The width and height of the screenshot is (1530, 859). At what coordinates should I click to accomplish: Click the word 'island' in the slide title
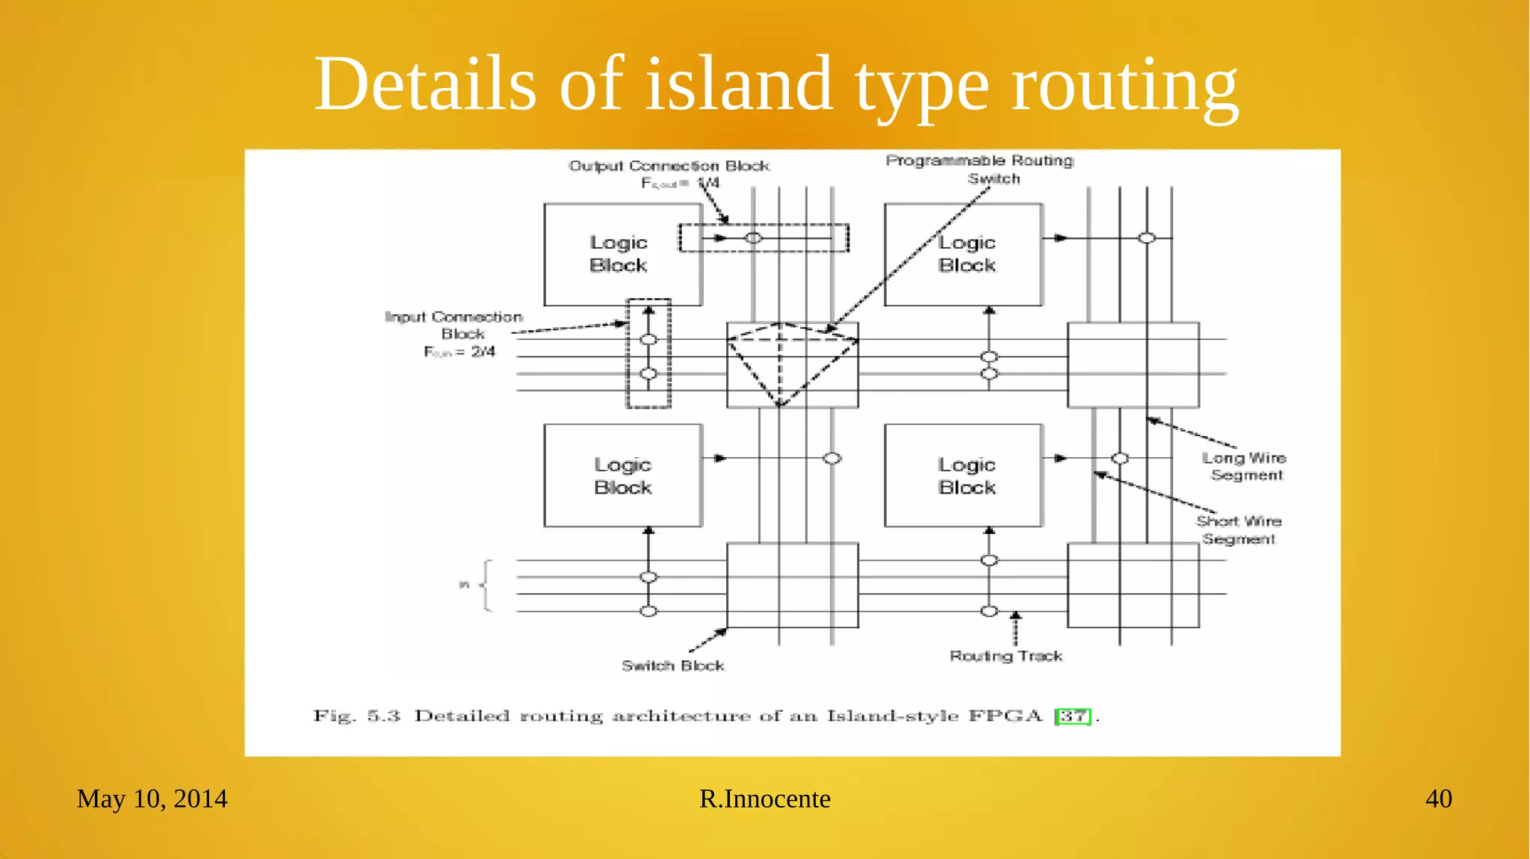(x=738, y=84)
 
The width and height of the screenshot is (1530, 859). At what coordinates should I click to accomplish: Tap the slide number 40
(x=1438, y=798)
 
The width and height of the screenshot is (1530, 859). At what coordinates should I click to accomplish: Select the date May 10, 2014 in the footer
(x=152, y=798)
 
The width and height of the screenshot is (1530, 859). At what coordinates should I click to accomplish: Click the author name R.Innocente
(x=764, y=798)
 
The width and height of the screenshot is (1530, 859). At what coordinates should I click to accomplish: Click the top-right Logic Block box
(x=963, y=254)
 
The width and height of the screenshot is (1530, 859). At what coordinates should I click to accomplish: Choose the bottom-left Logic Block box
(x=622, y=475)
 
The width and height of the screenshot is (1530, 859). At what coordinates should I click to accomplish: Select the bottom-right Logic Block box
(x=963, y=475)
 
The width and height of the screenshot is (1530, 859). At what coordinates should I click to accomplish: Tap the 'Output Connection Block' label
(x=669, y=166)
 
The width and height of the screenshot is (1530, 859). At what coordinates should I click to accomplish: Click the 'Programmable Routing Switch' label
(x=979, y=170)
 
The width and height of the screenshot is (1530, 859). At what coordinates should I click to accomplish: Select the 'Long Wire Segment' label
(x=1244, y=466)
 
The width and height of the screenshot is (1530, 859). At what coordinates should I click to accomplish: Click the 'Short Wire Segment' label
(x=1239, y=530)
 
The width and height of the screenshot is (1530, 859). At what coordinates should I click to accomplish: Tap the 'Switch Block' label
(x=672, y=666)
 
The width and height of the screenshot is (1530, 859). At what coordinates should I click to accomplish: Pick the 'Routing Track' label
(x=1006, y=656)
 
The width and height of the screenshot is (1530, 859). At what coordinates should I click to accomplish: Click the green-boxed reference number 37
(x=1074, y=716)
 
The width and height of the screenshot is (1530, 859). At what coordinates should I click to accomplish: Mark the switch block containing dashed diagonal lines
(x=792, y=365)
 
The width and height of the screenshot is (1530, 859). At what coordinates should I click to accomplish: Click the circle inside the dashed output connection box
(x=754, y=238)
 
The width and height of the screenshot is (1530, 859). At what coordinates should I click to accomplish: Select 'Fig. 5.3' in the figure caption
(x=356, y=716)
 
